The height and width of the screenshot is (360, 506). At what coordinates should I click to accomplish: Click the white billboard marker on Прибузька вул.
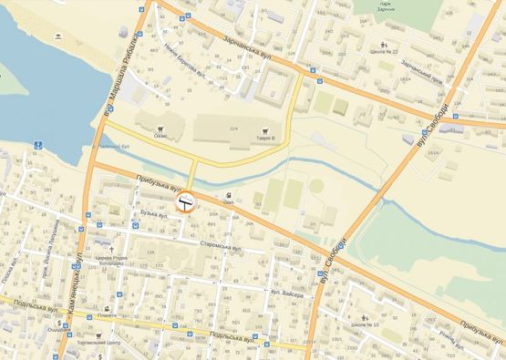[186, 201]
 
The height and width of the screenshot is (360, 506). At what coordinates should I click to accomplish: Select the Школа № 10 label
[363, 325]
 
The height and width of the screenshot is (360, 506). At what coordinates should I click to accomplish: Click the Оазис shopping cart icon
[160, 129]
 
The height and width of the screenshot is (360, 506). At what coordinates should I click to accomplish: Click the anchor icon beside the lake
[38, 145]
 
